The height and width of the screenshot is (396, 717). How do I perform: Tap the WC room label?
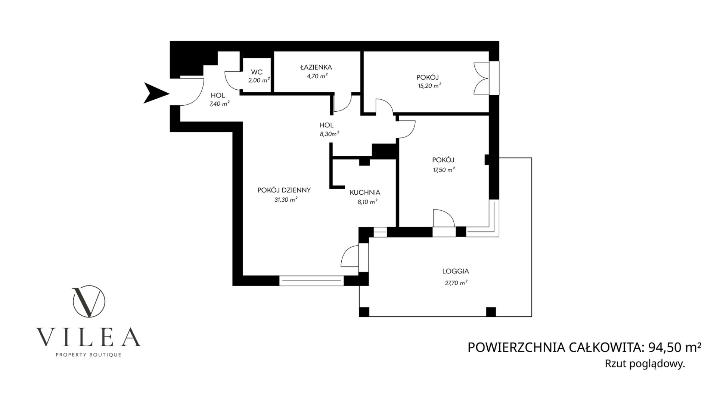[x=257, y=72]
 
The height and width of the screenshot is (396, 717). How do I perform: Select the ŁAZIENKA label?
[x=316, y=67]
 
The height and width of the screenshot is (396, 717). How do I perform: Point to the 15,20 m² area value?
[x=429, y=85]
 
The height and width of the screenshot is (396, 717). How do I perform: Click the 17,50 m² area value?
[x=443, y=169]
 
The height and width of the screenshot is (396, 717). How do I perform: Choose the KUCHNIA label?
[x=365, y=193]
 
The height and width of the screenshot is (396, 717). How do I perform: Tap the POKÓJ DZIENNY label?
[x=284, y=190]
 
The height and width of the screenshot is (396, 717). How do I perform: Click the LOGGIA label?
[x=455, y=272]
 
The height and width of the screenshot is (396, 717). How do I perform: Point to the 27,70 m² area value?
[x=456, y=283]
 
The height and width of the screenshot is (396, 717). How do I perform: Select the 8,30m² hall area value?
[x=329, y=134]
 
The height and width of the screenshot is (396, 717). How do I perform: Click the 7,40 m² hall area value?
[x=219, y=103]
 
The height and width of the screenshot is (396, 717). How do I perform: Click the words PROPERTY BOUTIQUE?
[x=88, y=354]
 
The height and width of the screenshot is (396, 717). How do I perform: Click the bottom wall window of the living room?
[x=311, y=281]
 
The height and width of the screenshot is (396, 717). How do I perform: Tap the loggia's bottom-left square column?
[x=364, y=312]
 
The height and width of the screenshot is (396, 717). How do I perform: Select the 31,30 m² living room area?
[x=286, y=200]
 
